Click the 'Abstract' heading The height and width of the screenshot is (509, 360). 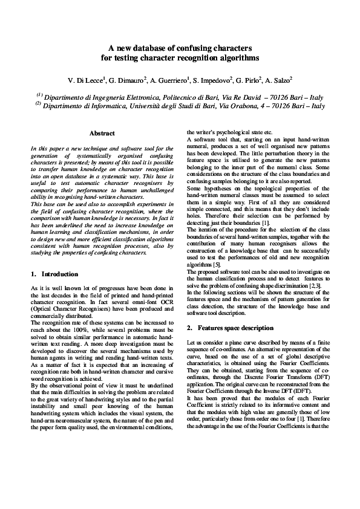tap(102, 132)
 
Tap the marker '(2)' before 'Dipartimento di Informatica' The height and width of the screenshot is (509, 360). tap(39, 104)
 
